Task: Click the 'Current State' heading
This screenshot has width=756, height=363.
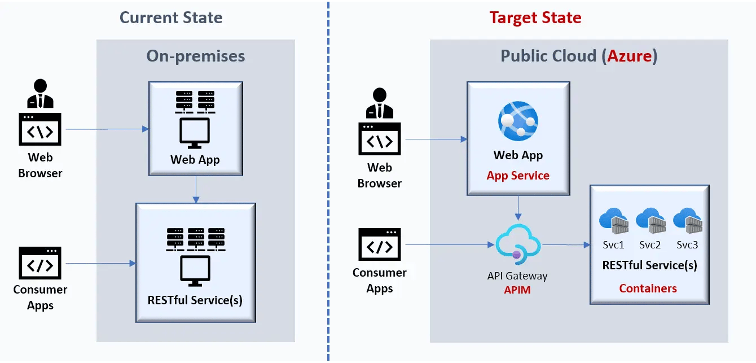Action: coord(171,18)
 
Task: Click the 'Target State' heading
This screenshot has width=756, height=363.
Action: coord(535,18)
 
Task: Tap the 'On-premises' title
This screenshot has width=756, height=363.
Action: coord(196,56)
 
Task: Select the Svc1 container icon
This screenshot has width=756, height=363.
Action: coord(613,221)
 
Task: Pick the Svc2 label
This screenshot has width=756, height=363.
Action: coord(650,245)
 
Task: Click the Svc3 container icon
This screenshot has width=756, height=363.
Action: coord(687,221)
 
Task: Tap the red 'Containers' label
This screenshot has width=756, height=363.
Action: coord(648,288)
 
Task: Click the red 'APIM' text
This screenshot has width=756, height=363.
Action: coord(517,290)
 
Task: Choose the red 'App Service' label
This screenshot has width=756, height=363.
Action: coord(518,176)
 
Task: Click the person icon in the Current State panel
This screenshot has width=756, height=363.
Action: coord(41,94)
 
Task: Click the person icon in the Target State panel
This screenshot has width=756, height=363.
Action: coord(380,103)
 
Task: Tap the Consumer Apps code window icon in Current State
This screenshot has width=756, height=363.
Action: coord(41,263)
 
